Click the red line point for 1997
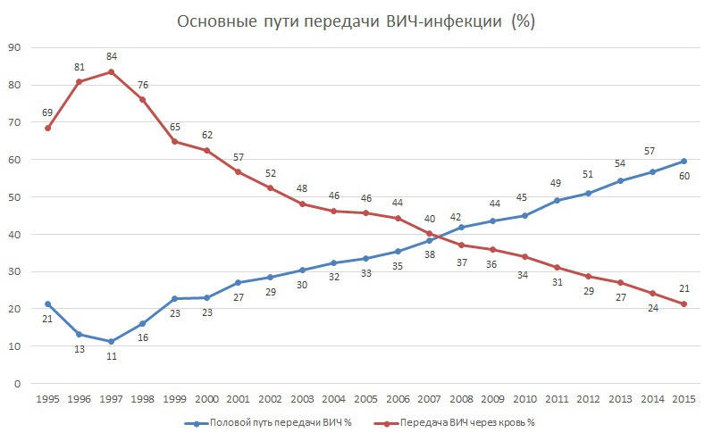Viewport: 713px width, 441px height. tap(112, 71)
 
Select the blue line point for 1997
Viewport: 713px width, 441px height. tap(112, 341)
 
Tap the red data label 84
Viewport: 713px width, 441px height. tap(112, 56)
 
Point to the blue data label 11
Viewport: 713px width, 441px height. tap(112, 357)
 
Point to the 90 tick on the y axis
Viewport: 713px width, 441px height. tap(15, 47)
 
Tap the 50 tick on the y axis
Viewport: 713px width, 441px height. tap(15, 197)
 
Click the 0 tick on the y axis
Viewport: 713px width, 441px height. tap(18, 384)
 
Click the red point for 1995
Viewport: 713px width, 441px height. tap(48, 128)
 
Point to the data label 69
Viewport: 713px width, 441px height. tap(48, 112)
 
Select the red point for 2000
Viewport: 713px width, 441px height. tap(206, 150)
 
